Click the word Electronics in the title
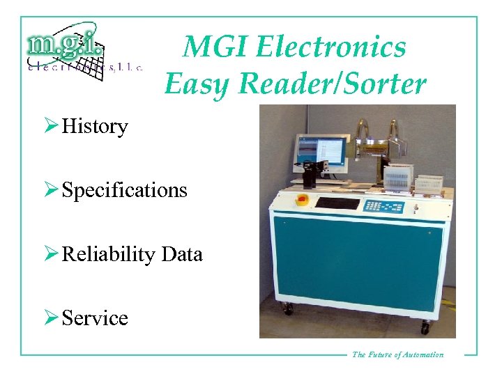[x=331, y=47]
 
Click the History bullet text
[x=95, y=127]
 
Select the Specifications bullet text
[x=125, y=190]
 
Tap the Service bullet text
[x=95, y=318]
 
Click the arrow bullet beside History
[x=51, y=127]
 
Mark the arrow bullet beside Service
[x=51, y=318]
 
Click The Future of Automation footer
[x=397, y=354]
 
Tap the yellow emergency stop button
[x=302, y=200]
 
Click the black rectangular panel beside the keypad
[x=337, y=203]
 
